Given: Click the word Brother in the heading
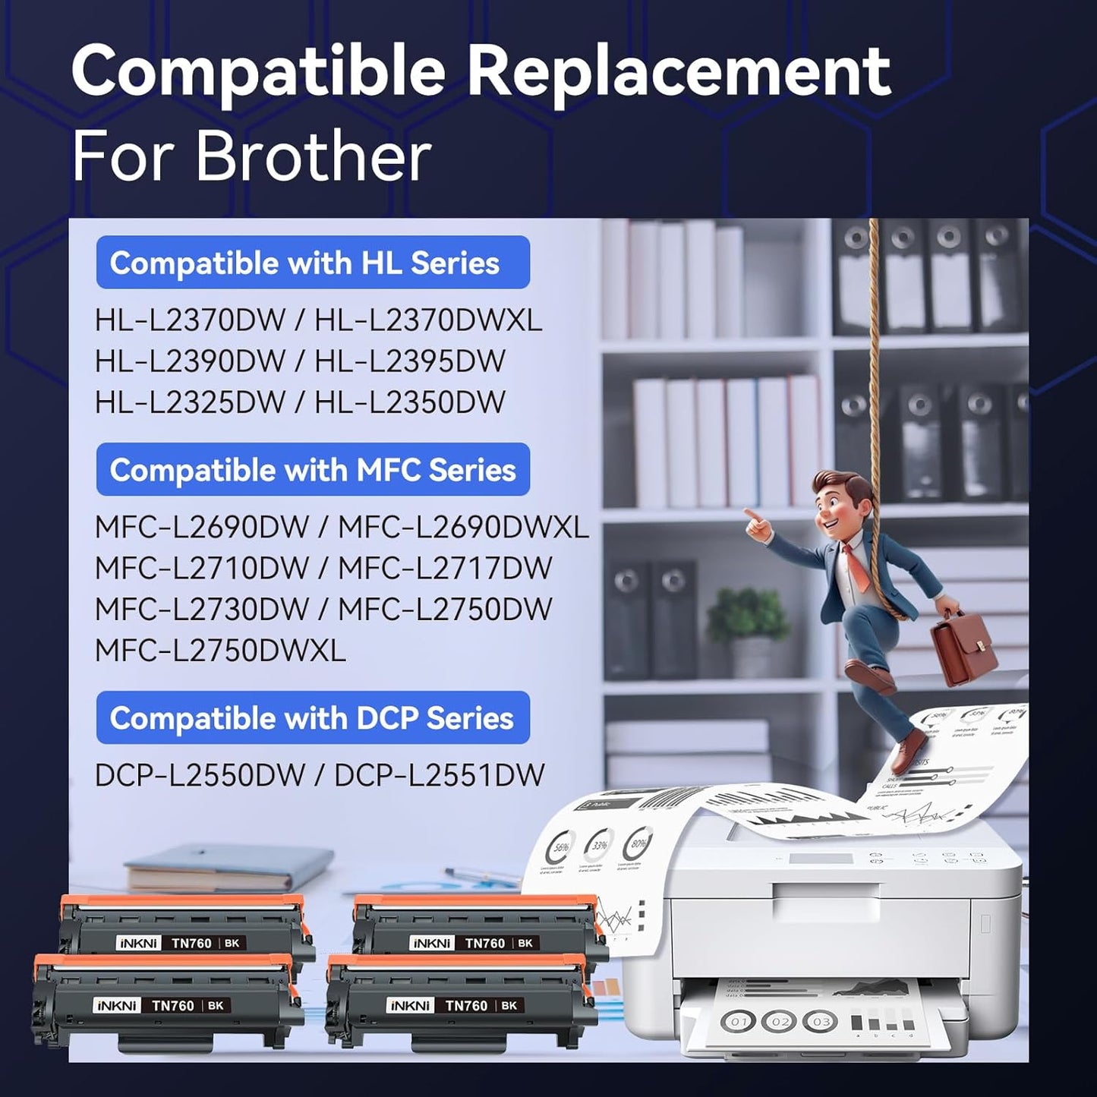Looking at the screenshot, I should [x=314, y=157].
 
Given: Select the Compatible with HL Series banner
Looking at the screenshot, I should [x=313, y=263].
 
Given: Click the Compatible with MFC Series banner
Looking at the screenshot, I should [x=313, y=470].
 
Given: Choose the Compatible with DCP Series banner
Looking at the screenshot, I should [x=313, y=718].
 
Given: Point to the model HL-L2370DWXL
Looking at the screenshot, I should [x=428, y=320].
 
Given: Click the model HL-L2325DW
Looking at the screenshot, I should [x=190, y=402].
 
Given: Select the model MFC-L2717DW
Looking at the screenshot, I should [x=445, y=569].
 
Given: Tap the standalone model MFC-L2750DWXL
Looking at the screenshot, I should [x=220, y=651].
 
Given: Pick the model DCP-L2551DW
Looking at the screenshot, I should [x=440, y=775].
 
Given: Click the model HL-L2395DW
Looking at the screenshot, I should [x=410, y=361].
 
